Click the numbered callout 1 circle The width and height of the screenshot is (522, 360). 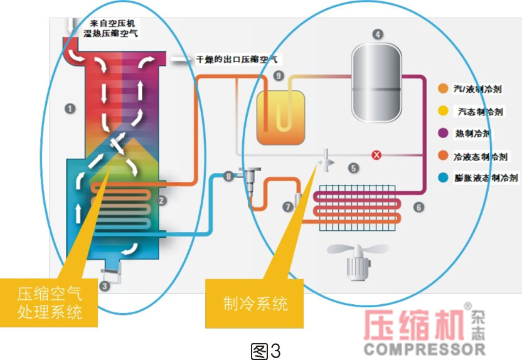point(70,109)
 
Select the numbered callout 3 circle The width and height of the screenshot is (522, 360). point(105,286)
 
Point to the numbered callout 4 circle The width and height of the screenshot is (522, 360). point(377,34)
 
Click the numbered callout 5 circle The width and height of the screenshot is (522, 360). point(354,168)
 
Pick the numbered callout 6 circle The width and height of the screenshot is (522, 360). point(418,206)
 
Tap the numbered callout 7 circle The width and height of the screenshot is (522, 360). point(287,206)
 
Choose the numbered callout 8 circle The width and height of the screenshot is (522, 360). point(228,176)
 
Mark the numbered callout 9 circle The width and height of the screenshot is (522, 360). point(279,76)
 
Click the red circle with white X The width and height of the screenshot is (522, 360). point(376,155)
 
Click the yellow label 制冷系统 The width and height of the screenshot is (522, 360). point(255,304)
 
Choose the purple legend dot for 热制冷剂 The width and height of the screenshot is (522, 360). point(443,134)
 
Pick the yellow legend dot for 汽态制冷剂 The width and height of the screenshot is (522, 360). point(443,112)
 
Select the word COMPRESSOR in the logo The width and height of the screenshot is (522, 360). point(424,347)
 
